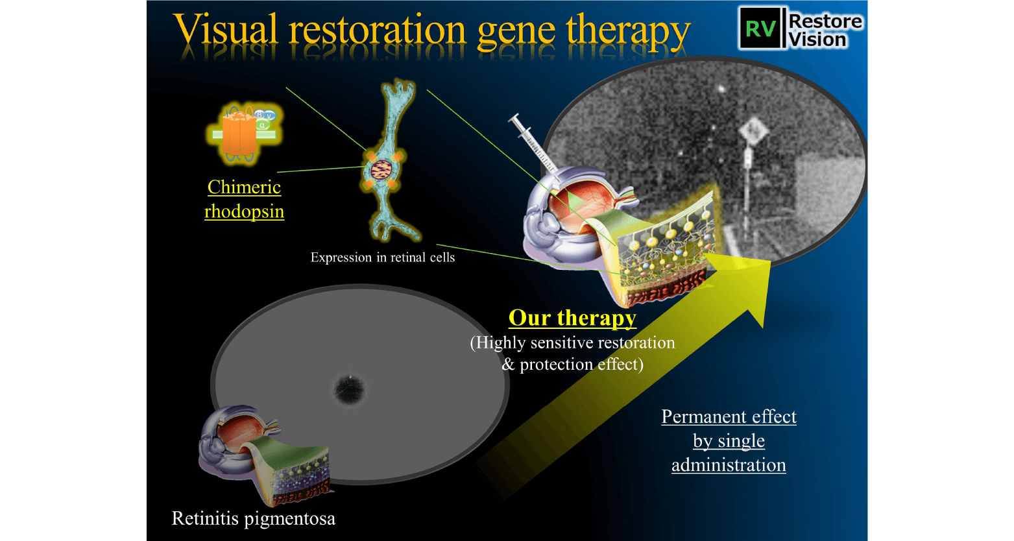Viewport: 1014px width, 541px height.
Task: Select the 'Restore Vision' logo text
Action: pos(825,30)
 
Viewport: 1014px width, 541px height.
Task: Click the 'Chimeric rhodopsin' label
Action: pos(244,199)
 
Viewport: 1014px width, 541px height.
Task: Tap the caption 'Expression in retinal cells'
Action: pos(382,258)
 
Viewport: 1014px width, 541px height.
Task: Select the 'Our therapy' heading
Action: pos(572,318)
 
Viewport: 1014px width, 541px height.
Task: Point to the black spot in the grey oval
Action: pos(350,390)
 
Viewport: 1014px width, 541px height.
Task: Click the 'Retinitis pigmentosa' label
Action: pos(253,518)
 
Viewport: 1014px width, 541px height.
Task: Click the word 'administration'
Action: pos(729,465)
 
